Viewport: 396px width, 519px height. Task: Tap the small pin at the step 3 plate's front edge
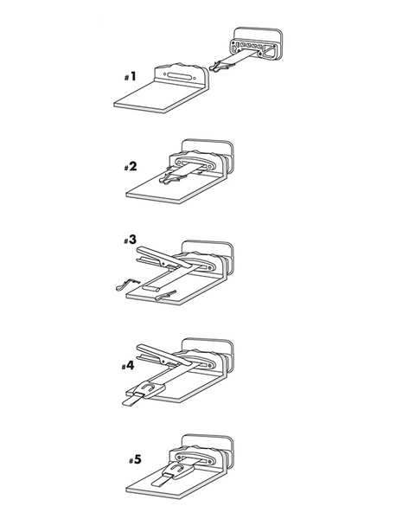pos(168,296)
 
